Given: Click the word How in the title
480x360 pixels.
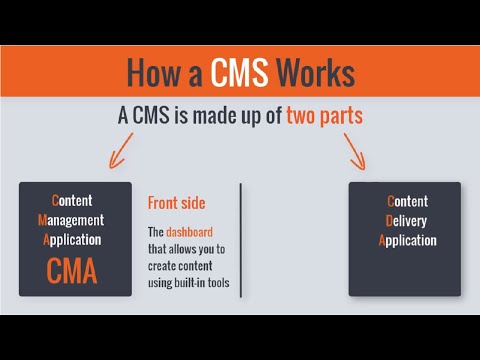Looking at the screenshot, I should (153, 73).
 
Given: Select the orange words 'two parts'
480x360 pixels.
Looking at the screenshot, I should (324, 116).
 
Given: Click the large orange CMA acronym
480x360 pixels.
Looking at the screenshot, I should (75, 271).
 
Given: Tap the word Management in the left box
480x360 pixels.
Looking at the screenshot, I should (75, 220).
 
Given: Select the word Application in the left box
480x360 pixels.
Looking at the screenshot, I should (74, 240).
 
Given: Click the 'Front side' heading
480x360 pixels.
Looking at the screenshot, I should (176, 203).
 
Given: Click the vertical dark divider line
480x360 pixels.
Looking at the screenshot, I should (241, 240).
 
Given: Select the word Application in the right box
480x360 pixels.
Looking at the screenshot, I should (408, 240).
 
